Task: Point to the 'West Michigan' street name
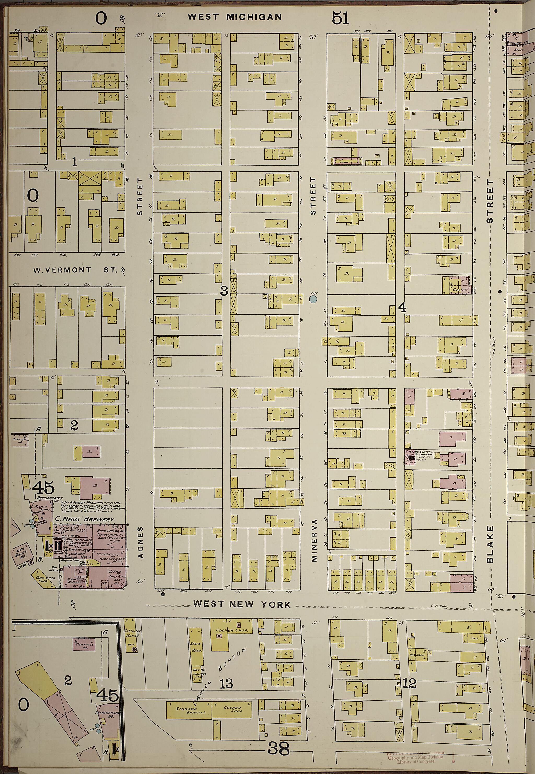coord(234,17)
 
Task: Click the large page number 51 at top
coord(340,18)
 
